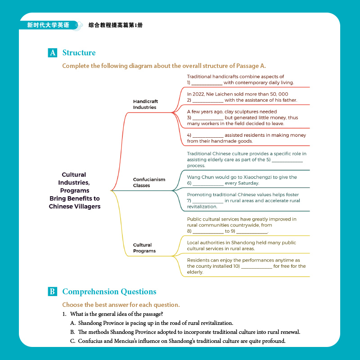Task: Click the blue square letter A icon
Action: coord(52,53)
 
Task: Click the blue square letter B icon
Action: coord(52,292)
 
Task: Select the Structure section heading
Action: coord(79,53)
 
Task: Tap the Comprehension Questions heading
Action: coord(109,292)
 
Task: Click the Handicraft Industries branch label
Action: coord(145,104)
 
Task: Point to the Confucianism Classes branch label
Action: coord(149,182)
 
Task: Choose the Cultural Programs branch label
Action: coord(144,248)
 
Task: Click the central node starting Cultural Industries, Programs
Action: coord(75,190)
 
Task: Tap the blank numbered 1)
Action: coord(207,83)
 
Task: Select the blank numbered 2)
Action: coord(207,101)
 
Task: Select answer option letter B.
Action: coord(72,332)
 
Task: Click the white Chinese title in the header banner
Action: coord(48,25)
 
